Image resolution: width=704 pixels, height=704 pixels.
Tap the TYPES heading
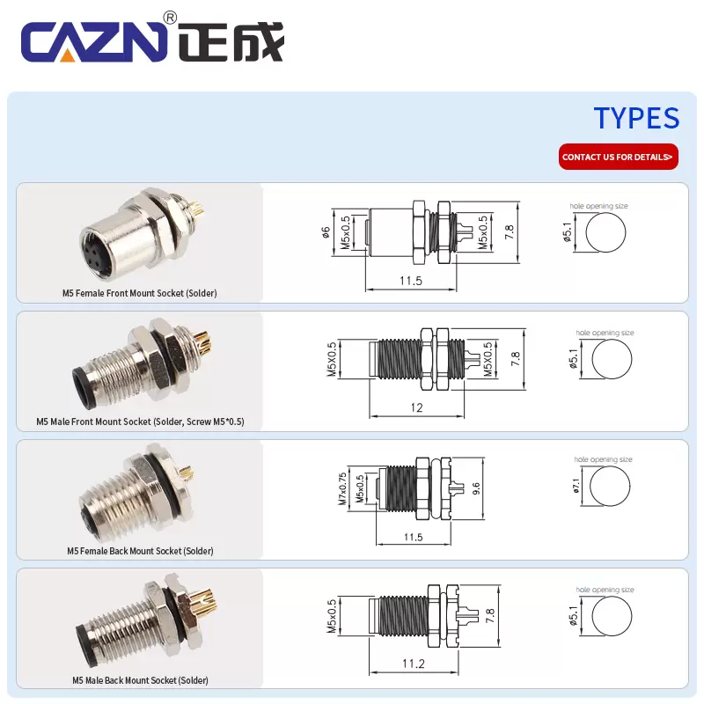(x=635, y=118)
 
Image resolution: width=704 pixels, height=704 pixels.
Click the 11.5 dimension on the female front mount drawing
(x=411, y=281)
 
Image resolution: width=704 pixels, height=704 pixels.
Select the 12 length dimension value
(x=416, y=407)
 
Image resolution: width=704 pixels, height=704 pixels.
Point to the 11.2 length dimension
(x=413, y=664)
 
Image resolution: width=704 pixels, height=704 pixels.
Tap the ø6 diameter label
(x=326, y=232)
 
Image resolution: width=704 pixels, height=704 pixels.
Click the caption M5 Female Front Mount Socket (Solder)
(x=139, y=293)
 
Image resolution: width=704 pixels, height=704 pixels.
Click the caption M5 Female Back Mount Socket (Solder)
(x=140, y=551)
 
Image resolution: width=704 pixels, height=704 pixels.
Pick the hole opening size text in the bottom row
(x=605, y=590)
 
